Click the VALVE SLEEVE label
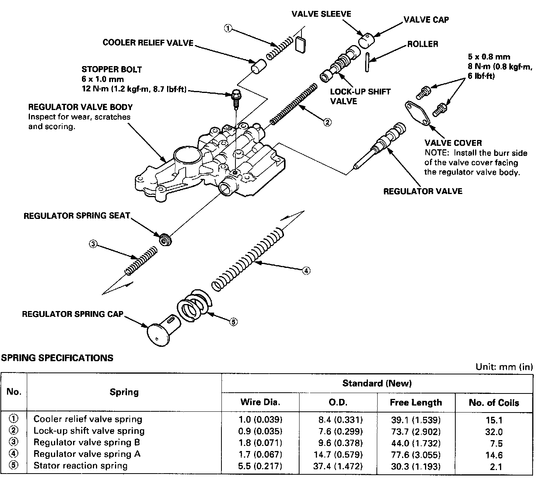321,14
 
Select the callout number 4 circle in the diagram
307,271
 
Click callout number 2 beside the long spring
328,122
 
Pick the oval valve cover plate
417,113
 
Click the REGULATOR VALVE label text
423,191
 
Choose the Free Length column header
416,402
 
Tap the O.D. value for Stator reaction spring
338,466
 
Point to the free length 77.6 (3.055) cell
416,455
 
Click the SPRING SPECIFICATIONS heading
57,358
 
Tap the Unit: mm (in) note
504,367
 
